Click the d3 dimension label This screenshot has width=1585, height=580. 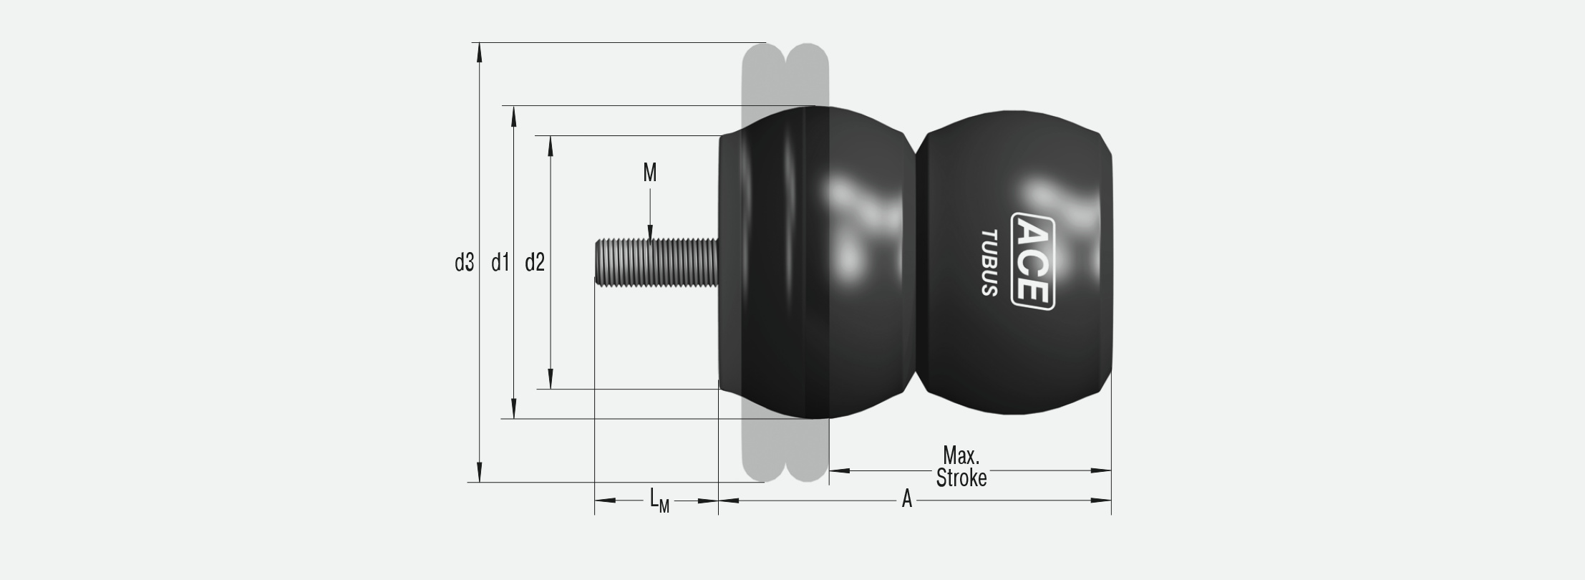[465, 264]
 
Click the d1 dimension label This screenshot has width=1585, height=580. [500, 264]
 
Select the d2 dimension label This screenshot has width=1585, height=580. [535, 264]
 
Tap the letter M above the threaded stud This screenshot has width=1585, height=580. [649, 173]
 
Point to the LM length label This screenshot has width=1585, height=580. [659, 501]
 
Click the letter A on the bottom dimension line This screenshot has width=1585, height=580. [906, 499]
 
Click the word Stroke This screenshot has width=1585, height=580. [961, 478]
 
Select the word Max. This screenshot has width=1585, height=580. [961, 455]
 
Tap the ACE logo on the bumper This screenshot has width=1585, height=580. [1032, 261]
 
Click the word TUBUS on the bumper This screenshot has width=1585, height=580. [989, 263]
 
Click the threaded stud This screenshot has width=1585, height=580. [656, 262]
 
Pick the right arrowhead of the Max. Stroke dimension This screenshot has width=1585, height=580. [1101, 470]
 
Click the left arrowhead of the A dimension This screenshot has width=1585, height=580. [728, 501]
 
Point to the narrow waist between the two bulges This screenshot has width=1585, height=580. [916, 262]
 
